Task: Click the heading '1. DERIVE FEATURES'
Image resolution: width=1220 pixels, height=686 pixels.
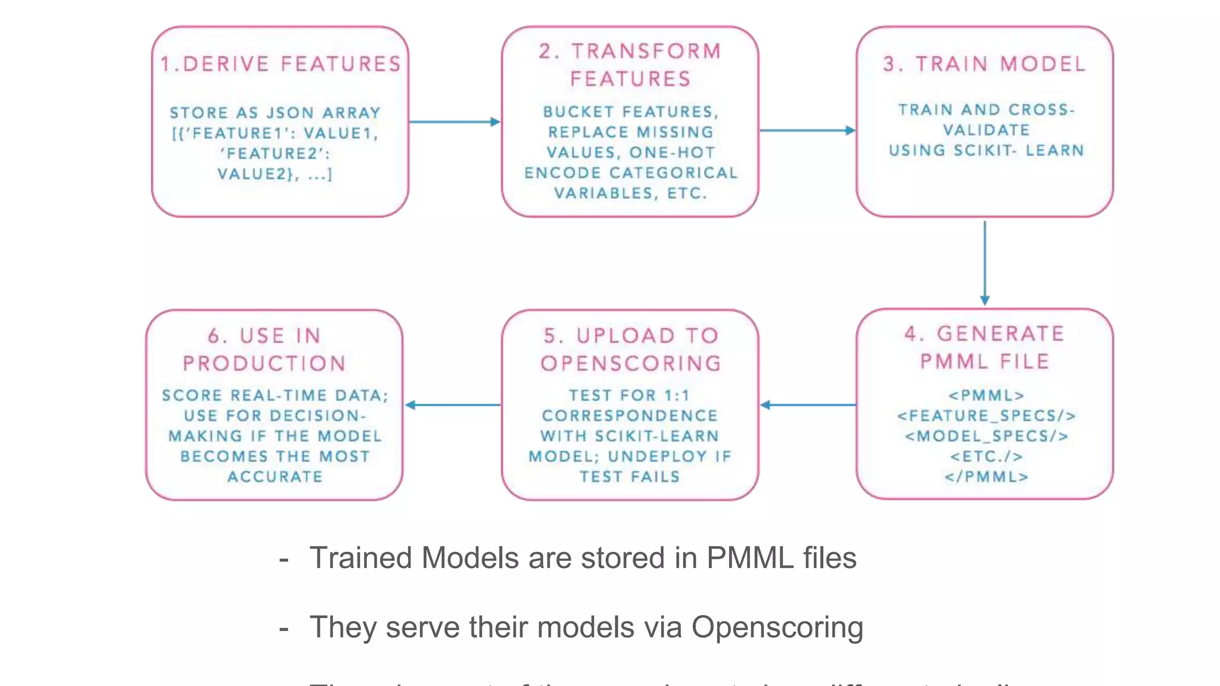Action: click(x=281, y=64)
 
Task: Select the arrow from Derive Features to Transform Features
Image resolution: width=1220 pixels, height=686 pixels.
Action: click(x=454, y=122)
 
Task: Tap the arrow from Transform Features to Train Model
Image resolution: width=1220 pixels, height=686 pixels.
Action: click(x=807, y=130)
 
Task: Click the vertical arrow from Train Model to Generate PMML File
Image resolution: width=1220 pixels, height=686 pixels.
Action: click(x=985, y=262)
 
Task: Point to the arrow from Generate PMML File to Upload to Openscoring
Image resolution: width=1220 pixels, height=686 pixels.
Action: click(x=808, y=405)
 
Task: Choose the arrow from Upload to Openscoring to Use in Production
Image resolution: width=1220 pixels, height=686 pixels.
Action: click(x=453, y=405)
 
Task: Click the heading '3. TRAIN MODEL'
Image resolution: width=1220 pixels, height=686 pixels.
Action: click(x=985, y=64)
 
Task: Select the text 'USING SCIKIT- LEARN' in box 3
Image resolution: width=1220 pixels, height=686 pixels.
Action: click(x=986, y=150)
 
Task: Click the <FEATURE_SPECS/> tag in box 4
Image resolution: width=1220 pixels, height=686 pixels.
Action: click(x=986, y=416)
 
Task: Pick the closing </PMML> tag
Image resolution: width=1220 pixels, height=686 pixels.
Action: click(x=986, y=476)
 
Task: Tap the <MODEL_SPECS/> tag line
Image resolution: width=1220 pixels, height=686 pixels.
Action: click(x=986, y=436)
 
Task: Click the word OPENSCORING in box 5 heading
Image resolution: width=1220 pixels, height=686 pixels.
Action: click(x=631, y=363)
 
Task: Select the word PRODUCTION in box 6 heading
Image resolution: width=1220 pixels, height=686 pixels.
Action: click(x=264, y=363)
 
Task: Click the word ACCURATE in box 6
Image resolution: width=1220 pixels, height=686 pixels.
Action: click(x=275, y=476)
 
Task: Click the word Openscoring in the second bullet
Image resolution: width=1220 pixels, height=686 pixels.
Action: click(x=777, y=627)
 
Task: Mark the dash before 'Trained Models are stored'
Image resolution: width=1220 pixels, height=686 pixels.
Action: click(x=284, y=559)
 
